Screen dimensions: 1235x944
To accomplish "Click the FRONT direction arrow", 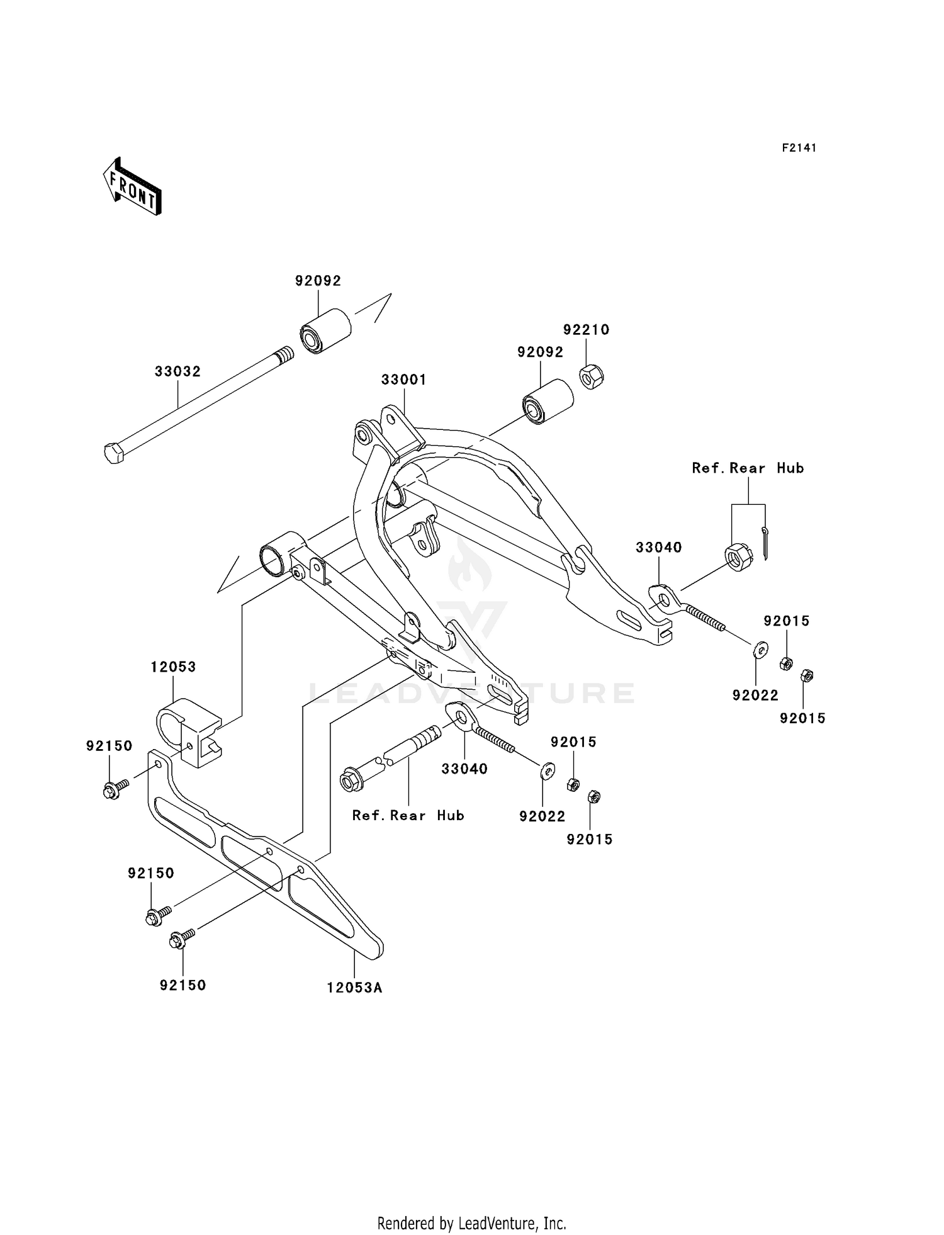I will coord(132,187).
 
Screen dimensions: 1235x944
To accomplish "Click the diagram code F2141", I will coord(799,148).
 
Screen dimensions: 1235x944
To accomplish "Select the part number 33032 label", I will coord(177,371).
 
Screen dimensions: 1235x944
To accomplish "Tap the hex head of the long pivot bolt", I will coord(113,453).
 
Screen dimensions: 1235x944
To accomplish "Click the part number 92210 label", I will coord(586,330).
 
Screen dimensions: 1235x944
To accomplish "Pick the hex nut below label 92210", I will coord(591,376).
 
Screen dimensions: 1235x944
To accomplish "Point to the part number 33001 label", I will coord(403,380).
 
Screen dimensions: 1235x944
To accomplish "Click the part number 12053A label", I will coord(354,988).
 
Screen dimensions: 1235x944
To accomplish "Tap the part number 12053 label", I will coord(173,667).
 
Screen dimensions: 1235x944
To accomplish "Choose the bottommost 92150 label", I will coord(183,985).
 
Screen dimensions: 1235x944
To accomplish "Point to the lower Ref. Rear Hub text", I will coord(408,815).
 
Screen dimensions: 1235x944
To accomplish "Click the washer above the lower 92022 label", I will coord(548,770).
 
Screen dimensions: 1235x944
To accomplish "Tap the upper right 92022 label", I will coord(755,695).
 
